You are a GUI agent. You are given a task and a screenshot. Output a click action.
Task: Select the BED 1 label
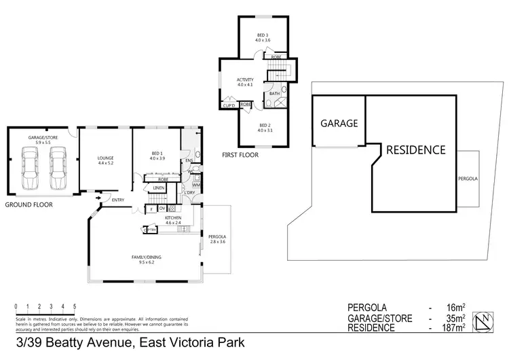[157, 155]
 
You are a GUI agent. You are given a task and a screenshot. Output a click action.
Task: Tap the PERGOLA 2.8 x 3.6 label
[218, 238]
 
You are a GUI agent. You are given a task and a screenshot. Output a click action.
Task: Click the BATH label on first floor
[274, 93]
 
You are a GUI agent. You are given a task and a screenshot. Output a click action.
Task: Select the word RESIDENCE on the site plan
[416, 150]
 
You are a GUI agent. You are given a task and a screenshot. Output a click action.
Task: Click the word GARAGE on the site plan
[339, 124]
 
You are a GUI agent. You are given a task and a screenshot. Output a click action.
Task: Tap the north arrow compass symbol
[484, 320]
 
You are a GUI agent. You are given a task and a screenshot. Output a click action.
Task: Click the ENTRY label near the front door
[118, 200]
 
